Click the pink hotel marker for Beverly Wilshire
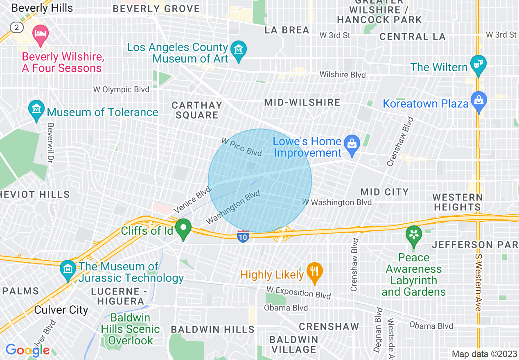40,33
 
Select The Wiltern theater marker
478,64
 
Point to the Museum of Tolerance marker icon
36,109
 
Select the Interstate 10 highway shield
243,236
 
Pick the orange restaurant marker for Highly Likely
314,271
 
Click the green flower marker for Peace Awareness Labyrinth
413,235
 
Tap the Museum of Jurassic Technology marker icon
68,269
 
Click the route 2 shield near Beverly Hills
16,27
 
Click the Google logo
27,350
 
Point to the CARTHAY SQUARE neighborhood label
197,110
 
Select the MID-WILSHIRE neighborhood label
302,102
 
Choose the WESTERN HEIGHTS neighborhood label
457,202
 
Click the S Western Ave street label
478,282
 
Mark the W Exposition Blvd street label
298,292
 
